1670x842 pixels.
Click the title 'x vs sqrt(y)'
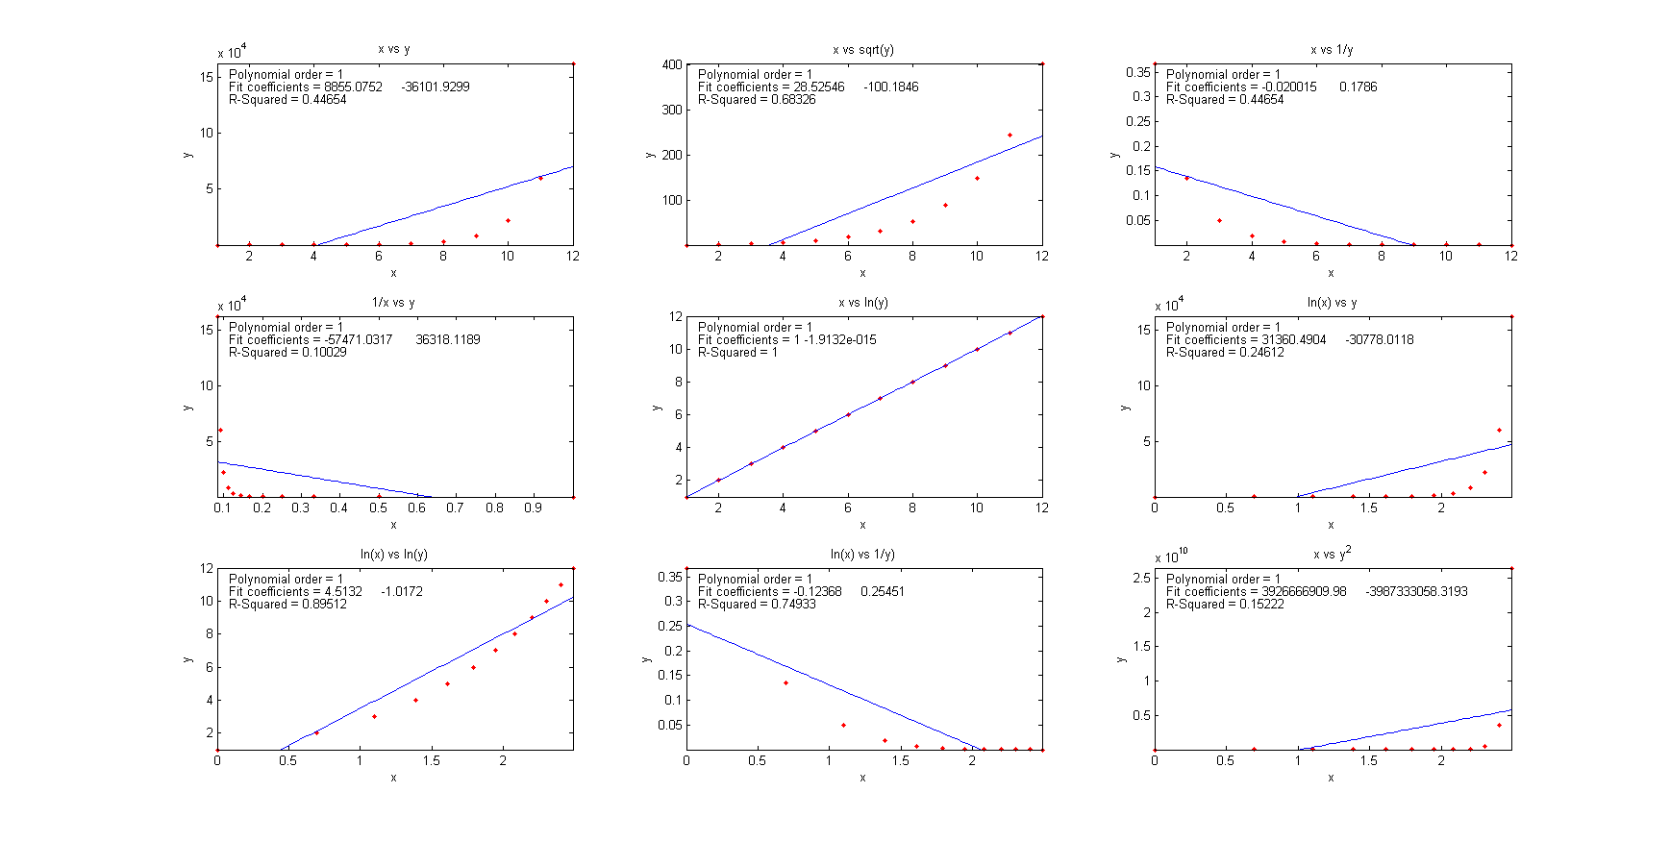tap(862, 50)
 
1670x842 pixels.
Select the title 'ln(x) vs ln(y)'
tap(393, 555)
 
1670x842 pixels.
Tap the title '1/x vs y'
tap(393, 303)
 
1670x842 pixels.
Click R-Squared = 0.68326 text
tap(756, 100)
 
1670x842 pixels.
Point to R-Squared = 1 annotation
tap(737, 353)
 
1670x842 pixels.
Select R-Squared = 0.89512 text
tap(287, 605)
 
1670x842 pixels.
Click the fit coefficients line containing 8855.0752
tap(349, 87)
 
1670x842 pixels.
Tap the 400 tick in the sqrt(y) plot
tap(671, 65)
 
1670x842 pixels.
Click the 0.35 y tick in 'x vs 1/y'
tap(1138, 72)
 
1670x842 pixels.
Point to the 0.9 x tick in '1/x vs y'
tap(533, 508)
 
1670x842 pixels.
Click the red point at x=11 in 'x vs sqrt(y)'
tap(1009, 136)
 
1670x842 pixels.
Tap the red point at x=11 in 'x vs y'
tap(540, 178)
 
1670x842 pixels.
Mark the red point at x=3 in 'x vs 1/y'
tap(1219, 221)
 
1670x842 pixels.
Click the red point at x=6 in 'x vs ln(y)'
tap(848, 414)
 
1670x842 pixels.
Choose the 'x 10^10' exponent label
tap(1172, 556)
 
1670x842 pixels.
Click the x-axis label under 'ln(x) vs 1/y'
tap(862, 778)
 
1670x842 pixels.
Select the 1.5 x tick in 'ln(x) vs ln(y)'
tap(432, 760)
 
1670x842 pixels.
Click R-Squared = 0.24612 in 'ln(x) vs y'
tap(1224, 353)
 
